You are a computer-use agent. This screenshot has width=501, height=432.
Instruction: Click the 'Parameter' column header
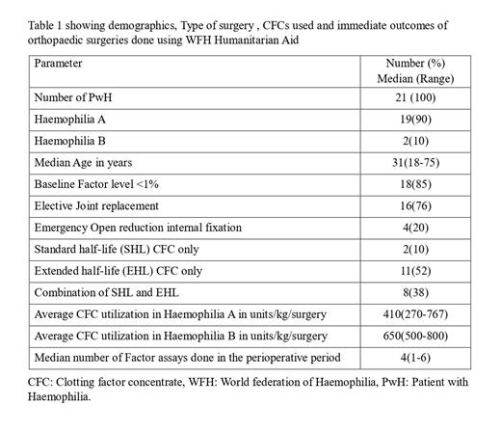click(58, 63)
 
